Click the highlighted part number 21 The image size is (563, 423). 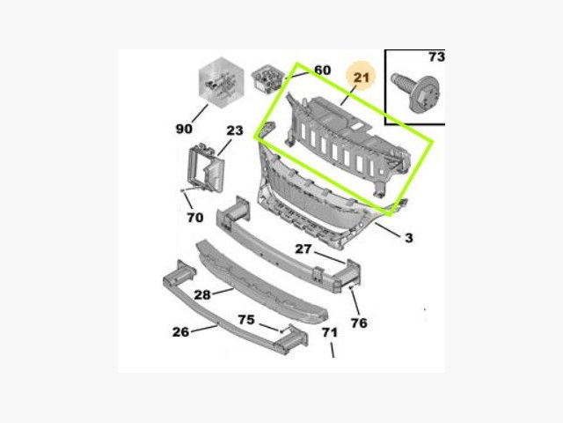(x=362, y=78)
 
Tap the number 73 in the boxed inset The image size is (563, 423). (x=436, y=56)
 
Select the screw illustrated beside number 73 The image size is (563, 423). (x=416, y=92)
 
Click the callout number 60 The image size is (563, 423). (x=323, y=70)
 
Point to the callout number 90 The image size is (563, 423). (x=184, y=129)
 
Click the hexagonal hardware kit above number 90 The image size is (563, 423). (x=222, y=83)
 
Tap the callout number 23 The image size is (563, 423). (x=235, y=130)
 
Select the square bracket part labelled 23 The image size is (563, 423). (x=207, y=167)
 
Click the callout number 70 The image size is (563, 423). (x=195, y=218)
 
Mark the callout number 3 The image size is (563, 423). (x=409, y=238)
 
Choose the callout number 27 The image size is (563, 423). (x=303, y=249)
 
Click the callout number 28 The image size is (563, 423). (x=201, y=295)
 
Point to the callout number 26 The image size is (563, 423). (x=180, y=331)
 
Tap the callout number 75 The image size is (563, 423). (x=246, y=319)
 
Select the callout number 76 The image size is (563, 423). (x=359, y=323)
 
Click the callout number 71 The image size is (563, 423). (x=330, y=332)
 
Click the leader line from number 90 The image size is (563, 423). (x=200, y=114)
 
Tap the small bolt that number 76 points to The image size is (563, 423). (x=351, y=287)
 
